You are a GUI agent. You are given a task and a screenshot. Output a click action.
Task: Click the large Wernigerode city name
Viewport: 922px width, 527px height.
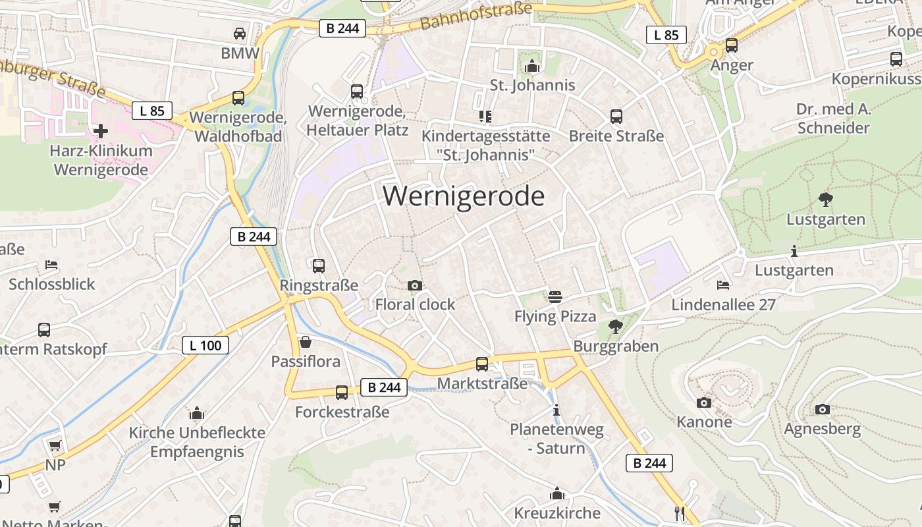[464, 196]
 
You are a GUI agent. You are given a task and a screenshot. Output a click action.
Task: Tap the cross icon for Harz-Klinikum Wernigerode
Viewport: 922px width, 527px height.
[101, 131]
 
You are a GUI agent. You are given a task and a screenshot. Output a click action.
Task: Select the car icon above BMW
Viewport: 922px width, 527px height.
[240, 34]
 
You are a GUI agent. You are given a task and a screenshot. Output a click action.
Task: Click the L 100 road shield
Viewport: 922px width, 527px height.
[205, 345]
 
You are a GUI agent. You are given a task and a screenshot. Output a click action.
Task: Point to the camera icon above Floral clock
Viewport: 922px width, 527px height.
[415, 285]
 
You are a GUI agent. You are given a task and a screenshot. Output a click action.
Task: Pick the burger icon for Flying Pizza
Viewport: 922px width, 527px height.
[555, 297]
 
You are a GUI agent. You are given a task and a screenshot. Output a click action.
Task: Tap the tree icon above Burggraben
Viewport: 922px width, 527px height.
[616, 326]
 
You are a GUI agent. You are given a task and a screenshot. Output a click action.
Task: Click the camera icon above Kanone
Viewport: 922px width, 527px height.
[704, 402]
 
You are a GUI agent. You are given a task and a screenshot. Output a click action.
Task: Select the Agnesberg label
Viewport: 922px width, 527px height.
[822, 430]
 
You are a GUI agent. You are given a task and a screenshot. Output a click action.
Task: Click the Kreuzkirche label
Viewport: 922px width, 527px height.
[557, 513]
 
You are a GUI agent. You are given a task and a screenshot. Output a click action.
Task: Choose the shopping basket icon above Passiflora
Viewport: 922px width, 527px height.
[306, 342]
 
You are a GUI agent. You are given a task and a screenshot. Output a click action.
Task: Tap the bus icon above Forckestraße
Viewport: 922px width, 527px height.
[342, 393]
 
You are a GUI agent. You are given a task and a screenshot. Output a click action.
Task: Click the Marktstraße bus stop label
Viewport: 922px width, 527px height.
[483, 383]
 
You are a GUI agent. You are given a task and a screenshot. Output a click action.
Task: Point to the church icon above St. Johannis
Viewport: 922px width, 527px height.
[532, 66]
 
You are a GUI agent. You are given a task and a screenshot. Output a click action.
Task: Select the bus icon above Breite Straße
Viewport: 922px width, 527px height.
[616, 117]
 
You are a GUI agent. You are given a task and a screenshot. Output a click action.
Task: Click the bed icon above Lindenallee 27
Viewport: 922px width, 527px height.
[723, 285]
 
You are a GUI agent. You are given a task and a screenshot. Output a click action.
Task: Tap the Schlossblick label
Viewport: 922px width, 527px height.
[52, 285]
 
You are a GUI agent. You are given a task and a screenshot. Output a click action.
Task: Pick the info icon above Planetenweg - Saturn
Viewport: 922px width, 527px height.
[556, 410]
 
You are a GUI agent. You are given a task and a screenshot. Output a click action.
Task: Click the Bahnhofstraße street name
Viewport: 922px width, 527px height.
[475, 16]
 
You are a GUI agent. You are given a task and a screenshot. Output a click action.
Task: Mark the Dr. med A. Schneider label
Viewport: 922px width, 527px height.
[834, 119]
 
